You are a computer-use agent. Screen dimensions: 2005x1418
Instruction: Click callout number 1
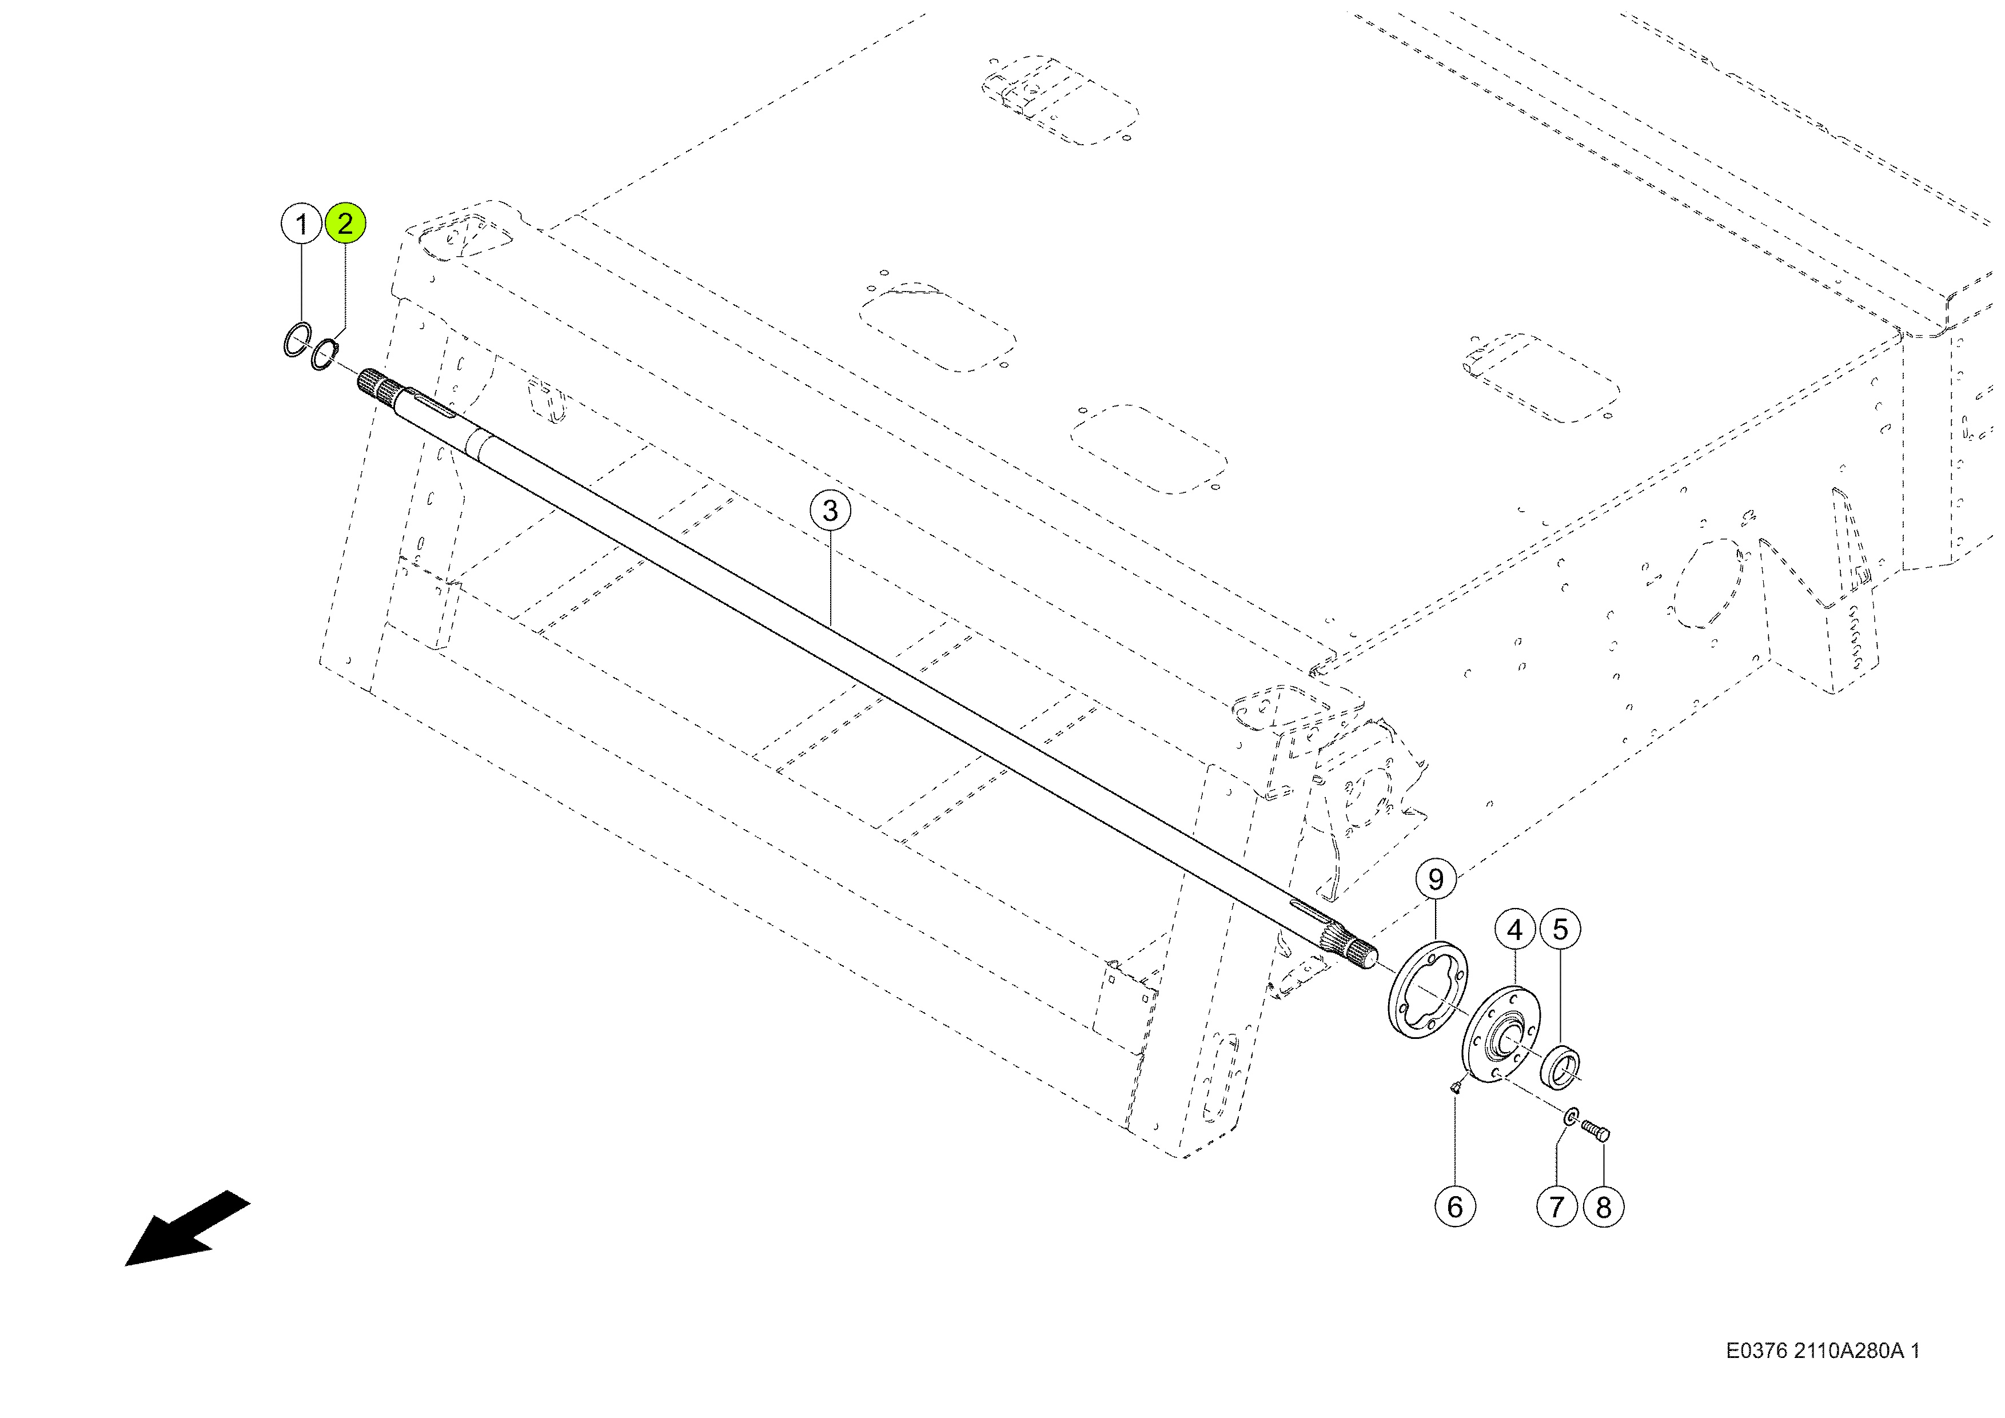(301, 224)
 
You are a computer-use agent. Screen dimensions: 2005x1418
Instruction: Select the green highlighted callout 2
(345, 224)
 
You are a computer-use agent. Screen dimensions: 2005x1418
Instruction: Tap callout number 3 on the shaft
(830, 511)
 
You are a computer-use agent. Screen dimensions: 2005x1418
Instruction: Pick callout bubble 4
(1515, 930)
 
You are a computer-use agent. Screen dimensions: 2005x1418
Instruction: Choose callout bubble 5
(1561, 929)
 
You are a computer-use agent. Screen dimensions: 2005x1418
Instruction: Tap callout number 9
(1436, 879)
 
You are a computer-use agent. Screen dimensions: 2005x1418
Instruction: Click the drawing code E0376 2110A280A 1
(1823, 1351)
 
